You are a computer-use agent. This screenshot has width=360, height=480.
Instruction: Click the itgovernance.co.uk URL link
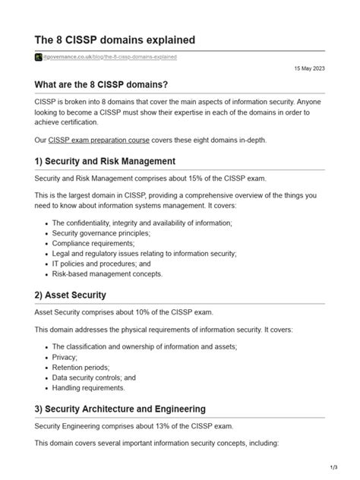pyautogui.click(x=112, y=57)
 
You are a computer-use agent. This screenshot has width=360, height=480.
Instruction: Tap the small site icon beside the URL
pyautogui.click(x=38, y=57)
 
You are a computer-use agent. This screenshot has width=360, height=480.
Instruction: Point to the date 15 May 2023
pyautogui.click(x=310, y=68)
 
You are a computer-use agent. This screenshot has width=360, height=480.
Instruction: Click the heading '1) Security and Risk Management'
pyautogui.click(x=105, y=162)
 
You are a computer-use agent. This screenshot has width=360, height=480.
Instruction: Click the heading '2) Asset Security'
pyautogui.click(x=70, y=295)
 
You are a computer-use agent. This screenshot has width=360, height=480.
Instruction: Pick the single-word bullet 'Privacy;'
pyautogui.click(x=65, y=356)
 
